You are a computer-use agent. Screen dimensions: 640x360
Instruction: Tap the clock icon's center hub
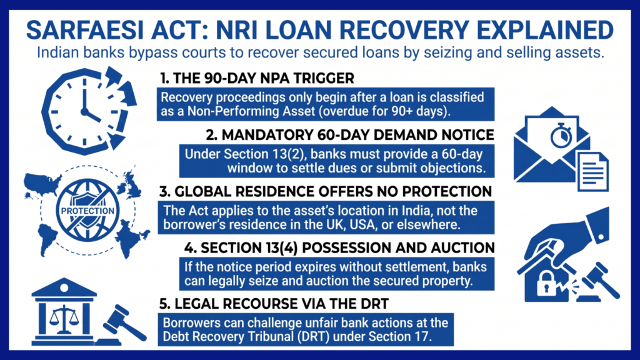(84, 111)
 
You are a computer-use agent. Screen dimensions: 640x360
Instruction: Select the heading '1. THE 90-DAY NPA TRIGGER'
(257, 78)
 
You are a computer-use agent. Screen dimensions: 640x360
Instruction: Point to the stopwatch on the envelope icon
(561, 135)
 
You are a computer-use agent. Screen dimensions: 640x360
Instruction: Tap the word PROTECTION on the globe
(87, 211)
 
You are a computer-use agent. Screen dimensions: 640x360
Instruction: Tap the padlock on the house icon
(546, 283)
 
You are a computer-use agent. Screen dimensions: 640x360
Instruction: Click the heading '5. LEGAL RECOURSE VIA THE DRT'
(274, 304)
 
